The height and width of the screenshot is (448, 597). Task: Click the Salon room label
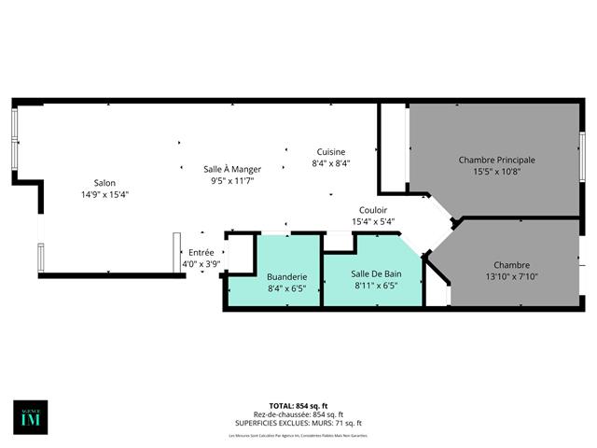[104, 183]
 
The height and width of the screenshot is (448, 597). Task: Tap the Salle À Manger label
[232, 169]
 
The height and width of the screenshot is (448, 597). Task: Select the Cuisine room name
[330, 152]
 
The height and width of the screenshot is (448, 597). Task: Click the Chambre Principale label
[496, 160]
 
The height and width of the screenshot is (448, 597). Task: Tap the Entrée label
[201, 252]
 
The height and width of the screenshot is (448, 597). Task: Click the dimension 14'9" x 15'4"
[104, 195]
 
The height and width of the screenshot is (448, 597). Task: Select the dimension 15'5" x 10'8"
[496, 172]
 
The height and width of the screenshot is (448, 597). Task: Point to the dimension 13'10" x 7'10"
[510, 276]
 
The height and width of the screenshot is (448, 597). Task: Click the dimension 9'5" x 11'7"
[232, 180]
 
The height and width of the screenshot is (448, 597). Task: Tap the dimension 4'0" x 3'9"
[201, 264]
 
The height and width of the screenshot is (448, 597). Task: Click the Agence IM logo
[31, 416]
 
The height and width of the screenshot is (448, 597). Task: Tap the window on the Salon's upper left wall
[14, 140]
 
